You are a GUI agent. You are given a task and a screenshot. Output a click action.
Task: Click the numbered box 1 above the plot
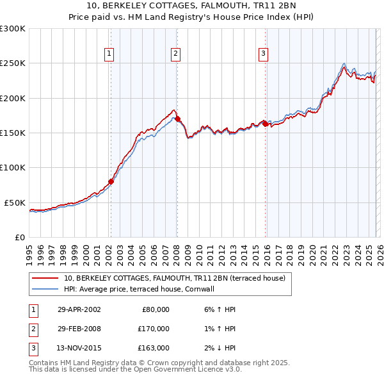click(110, 54)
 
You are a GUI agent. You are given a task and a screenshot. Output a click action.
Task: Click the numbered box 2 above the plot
click(175, 54)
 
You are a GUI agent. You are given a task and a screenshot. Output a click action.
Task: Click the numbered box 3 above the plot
click(263, 54)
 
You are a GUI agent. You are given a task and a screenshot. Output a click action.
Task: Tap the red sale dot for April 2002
click(111, 181)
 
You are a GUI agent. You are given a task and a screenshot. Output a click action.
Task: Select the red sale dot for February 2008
click(177, 119)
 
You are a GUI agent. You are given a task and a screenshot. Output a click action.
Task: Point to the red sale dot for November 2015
click(264, 124)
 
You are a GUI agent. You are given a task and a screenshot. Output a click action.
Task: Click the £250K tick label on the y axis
click(13, 63)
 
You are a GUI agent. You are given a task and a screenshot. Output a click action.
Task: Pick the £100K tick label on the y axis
click(13, 168)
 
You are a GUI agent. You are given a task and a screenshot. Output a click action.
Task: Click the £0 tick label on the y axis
click(19, 237)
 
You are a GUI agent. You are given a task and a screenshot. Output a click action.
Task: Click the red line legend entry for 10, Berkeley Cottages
click(178, 278)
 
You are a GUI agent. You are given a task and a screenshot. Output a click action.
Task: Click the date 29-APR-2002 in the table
click(79, 309)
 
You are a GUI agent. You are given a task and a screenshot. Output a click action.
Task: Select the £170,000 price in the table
click(154, 329)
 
